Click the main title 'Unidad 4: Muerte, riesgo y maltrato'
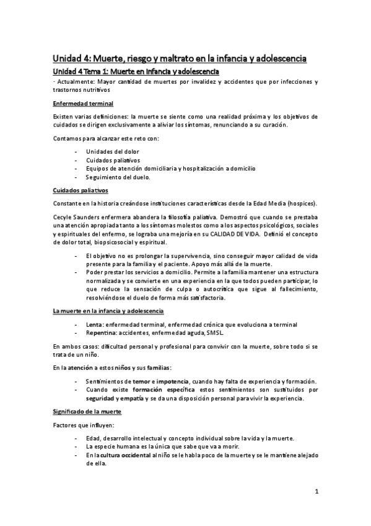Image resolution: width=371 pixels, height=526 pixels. [x=179, y=59]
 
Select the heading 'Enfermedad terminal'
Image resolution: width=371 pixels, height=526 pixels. [x=82, y=103]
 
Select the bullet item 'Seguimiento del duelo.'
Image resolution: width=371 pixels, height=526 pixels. [x=118, y=177]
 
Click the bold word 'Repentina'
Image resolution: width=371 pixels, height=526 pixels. [x=102, y=332]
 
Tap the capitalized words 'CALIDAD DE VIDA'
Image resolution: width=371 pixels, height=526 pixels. [x=245, y=236]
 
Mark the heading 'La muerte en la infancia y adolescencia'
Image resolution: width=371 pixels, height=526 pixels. [x=108, y=311]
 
